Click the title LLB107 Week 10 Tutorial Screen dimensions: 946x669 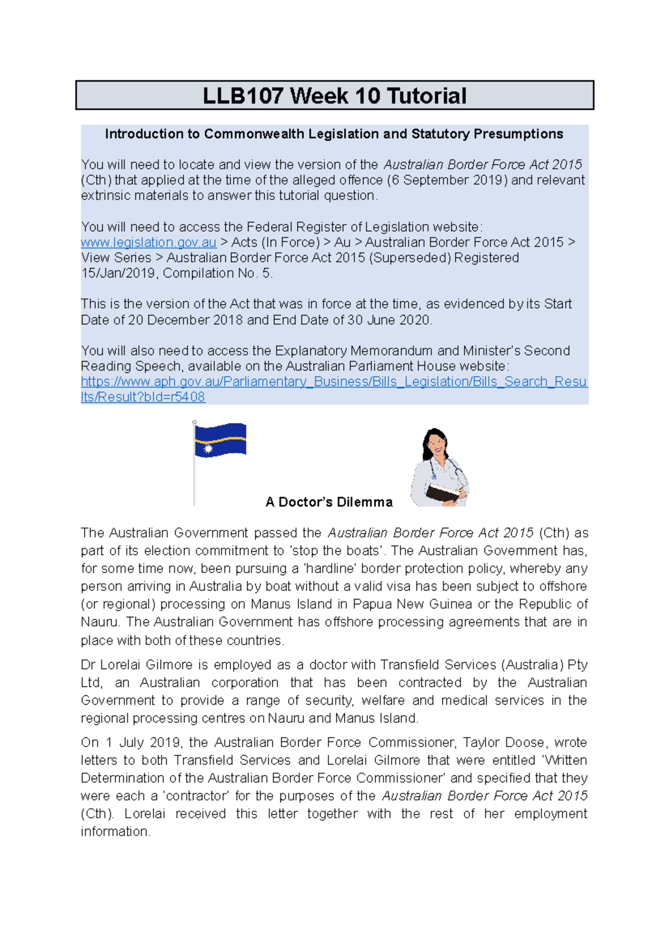coord(334,96)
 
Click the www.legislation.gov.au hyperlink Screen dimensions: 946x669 coord(148,242)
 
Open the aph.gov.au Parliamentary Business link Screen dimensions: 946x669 coord(333,382)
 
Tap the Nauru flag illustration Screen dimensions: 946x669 coord(221,440)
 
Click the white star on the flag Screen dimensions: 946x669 coord(208,448)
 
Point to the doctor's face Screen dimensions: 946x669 coord(437,444)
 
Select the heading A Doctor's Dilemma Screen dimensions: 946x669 coord(329,502)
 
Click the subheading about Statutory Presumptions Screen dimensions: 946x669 coord(334,134)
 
